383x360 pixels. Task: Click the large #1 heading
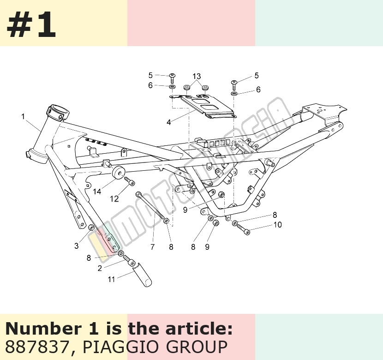point(31,24)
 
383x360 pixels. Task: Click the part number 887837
point(36,347)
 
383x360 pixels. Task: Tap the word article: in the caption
point(199,329)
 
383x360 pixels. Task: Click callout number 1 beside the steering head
point(23,116)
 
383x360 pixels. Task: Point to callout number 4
point(169,122)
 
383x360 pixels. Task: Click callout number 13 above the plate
point(197,77)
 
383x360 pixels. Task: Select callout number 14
point(97,191)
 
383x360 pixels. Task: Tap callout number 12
point(114,199)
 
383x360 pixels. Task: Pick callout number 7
point(153,247)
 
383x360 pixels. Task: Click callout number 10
point(277,224)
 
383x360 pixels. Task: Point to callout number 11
point(111,279)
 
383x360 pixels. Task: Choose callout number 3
point(77,246)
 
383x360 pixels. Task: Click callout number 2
point(100,268)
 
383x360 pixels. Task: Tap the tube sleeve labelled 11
point(142,275)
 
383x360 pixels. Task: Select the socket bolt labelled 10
point(243,229)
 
